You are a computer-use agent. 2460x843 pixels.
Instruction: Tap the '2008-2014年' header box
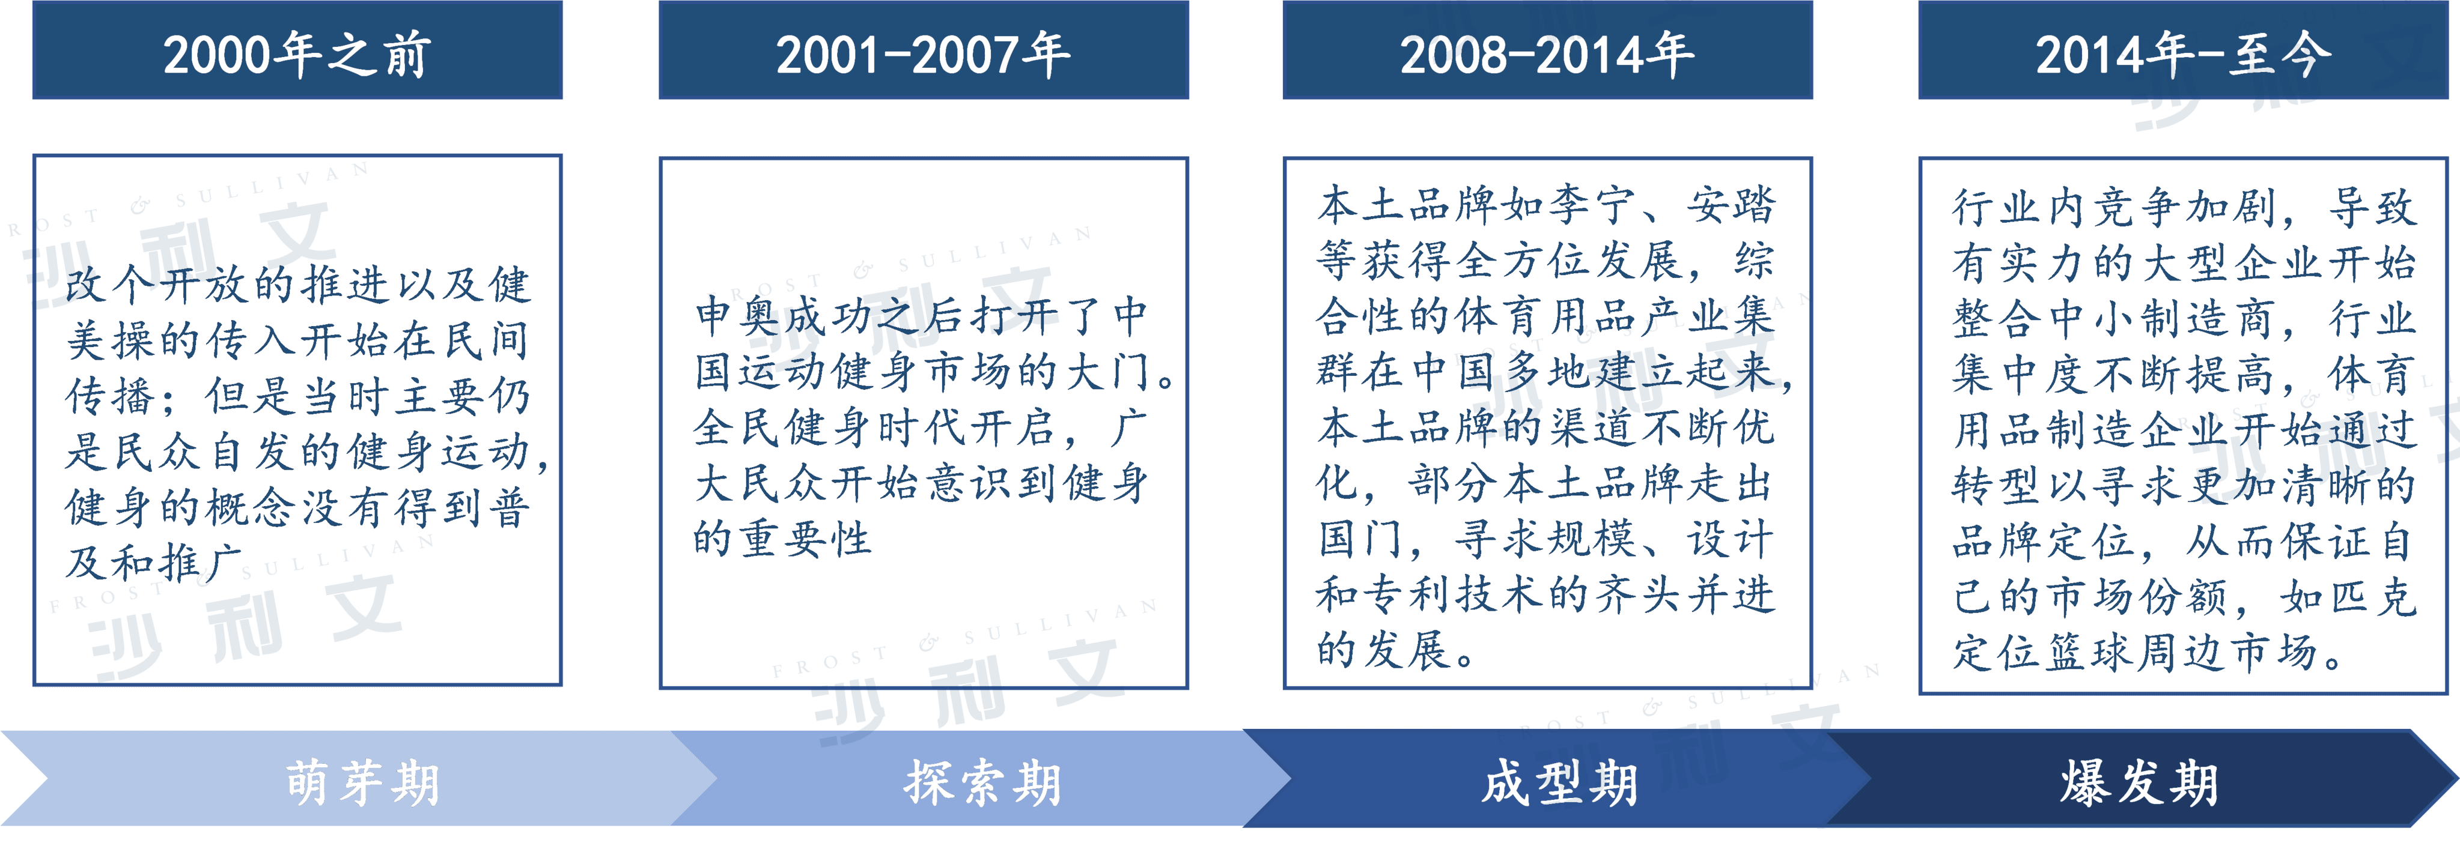[x=1547, y=50]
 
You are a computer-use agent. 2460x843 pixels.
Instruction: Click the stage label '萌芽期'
[x=363, y=783]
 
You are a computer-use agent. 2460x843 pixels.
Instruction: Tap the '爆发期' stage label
[x=2139, y=783]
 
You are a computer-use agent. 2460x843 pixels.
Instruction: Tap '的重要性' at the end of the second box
[x=783, y=539]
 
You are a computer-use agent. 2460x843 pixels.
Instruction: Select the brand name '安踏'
[x=1731, y=204]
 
